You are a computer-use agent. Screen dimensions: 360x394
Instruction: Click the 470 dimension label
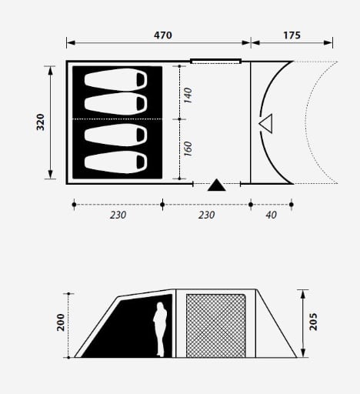163,35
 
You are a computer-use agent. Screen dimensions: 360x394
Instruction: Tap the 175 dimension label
292,35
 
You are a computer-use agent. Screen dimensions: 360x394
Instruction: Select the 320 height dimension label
41,122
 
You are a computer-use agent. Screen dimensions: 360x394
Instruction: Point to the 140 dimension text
188,95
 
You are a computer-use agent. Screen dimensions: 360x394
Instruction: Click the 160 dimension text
188,149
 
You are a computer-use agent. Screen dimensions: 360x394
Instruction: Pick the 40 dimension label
271,215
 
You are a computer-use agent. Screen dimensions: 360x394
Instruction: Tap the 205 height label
313,322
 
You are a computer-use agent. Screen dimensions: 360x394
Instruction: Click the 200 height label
61,322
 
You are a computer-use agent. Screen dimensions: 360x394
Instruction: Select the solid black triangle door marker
217,185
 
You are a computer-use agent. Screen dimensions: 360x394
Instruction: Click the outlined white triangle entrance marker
266,124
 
